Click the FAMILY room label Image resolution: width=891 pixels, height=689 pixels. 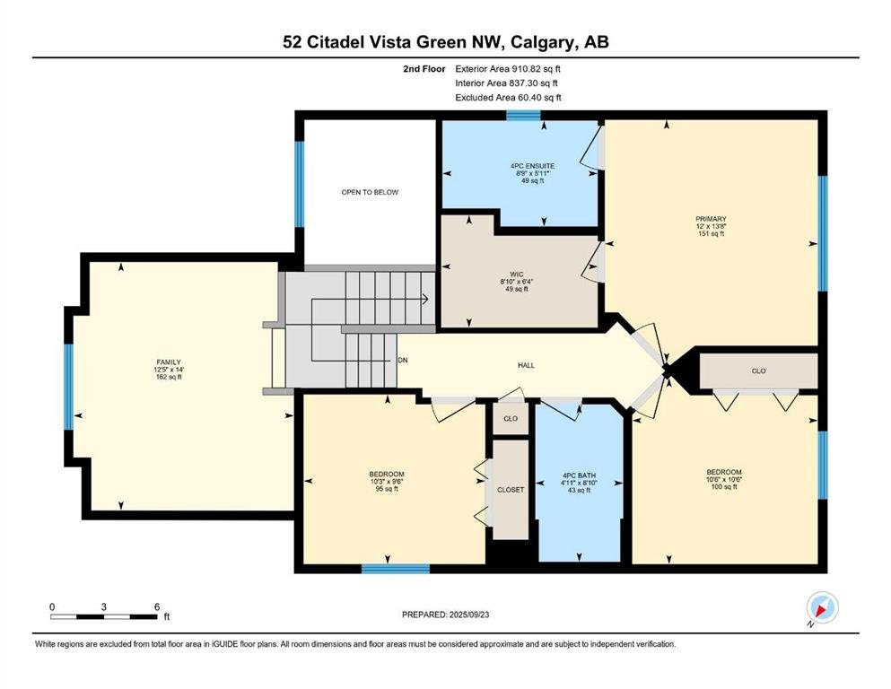click(x=169, y=362)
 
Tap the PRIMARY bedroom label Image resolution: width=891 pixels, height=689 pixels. click(x=711, y=219)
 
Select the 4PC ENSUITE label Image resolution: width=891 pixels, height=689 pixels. click(x=532, y=166)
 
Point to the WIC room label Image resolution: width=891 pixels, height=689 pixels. click(x=517, y=275)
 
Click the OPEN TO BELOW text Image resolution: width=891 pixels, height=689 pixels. click(x=370, y=192)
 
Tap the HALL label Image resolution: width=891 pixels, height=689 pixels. click(x=526, y=365)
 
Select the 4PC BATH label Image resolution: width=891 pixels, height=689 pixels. click(x=579, y=475)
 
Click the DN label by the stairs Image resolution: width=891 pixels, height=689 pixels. click(x=402, y=360)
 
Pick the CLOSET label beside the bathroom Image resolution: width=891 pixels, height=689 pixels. click(x=511, y=489)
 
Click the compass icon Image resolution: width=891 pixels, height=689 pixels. click(x=822, y=607)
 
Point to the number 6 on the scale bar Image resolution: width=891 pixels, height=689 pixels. click(x=157, y=606)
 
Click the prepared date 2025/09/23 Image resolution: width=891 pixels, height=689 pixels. click(x=468, y=615)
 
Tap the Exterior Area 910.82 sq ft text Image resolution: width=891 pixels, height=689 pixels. click(x=508, y=69)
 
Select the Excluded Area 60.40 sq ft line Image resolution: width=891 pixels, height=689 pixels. click(x=508, y=97)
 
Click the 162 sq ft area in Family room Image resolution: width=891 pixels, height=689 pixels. click(x=169, y=377)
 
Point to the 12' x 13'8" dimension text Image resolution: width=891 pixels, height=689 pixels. click(x=711, y=226)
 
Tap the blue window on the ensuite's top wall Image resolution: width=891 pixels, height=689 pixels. click(x=523, y=116)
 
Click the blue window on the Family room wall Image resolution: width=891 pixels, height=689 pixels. click(x=69, y=387)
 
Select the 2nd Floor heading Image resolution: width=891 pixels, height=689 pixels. click(x=424, y=69)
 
